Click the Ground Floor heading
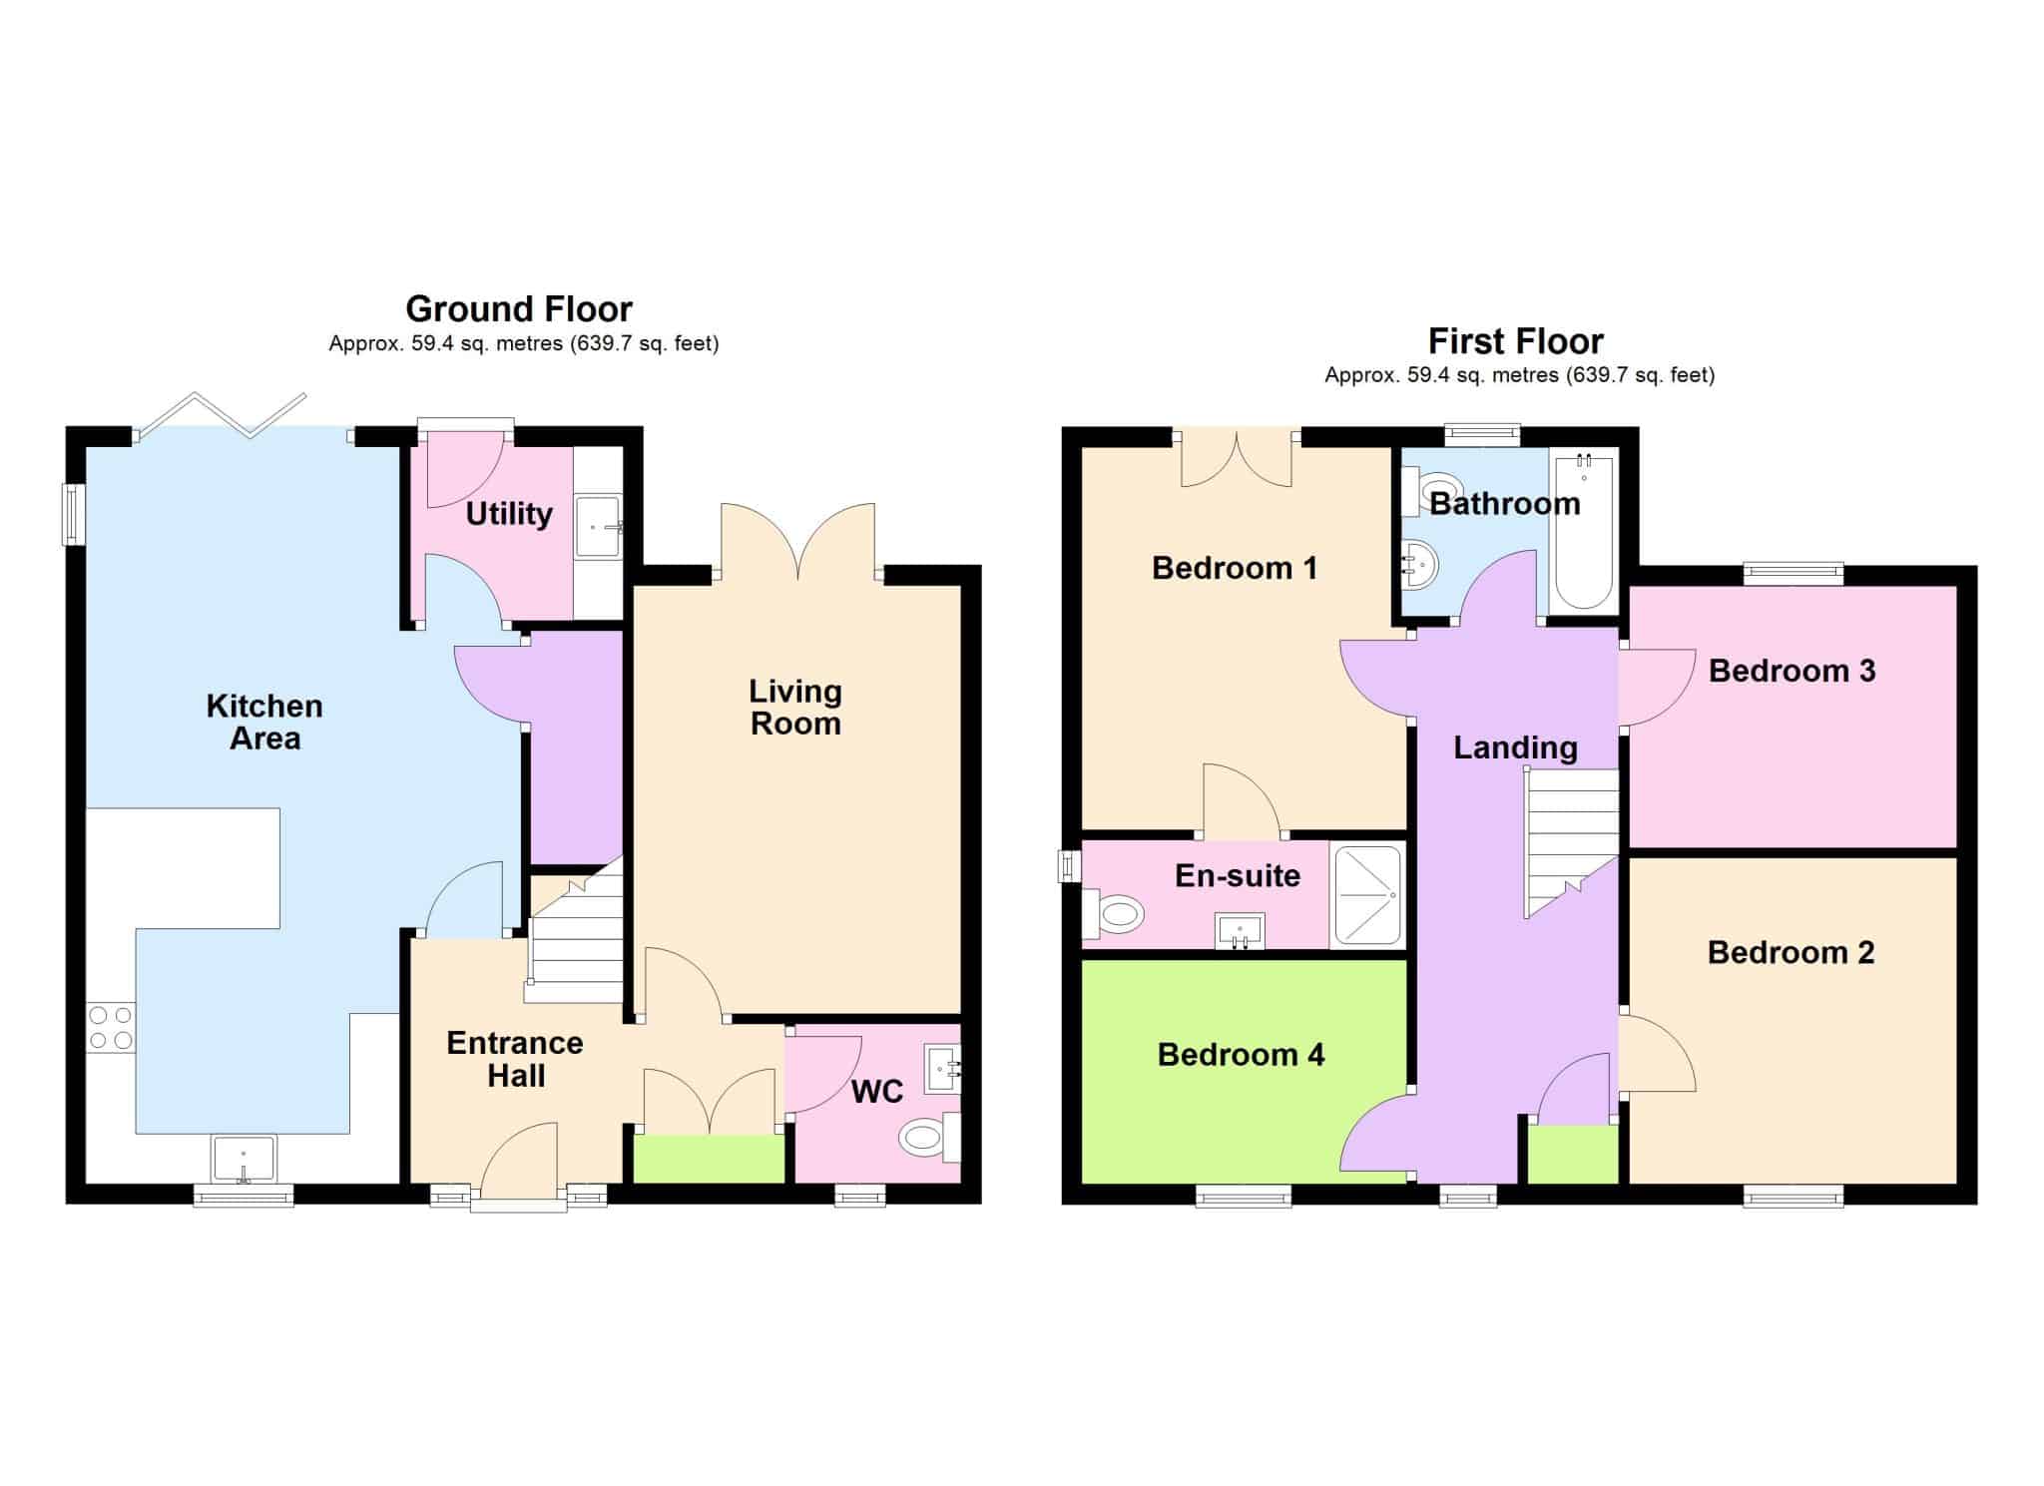[x=519, y=309]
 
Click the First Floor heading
[x=1516, y=341]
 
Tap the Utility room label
[x=509, y=514]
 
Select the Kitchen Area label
[x=264, y=722]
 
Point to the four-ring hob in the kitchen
[x=111, y=1028]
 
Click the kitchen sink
[x=244, y=1159]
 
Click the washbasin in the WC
[x=942, y=1069]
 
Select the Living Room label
[x=795, y=707]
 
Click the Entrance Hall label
[x=515, y=1059]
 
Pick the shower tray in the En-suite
[x=1367, y=895]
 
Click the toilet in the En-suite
[x=1114, y=912]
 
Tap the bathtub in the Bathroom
[x=1584, y=531]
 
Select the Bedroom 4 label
[x=1241, y=1055]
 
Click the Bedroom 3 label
[x=1792, y=671]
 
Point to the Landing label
[x=1515, y=747]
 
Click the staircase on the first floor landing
[x=1571, y=843]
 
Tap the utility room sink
[x=599, y=526]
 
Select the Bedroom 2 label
[x=1791, y=953]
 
